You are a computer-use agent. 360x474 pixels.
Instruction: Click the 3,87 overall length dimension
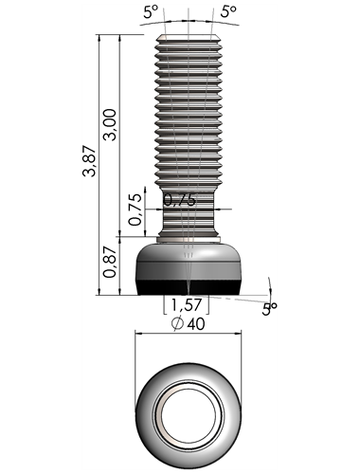click(89, 161)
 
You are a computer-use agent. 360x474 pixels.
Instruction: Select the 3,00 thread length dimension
click(110, 125)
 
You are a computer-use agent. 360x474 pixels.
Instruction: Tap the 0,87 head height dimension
click(110, 262)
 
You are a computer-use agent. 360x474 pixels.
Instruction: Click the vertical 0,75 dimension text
click(136, 210)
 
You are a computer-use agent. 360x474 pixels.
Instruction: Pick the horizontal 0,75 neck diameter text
click(180, 200)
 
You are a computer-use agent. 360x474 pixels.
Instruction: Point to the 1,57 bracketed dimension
click(187, 304)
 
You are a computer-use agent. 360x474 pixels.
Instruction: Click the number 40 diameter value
click(196, 324)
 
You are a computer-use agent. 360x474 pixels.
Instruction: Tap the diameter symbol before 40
click(177, 323)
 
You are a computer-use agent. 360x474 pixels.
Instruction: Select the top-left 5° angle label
click(151, 11)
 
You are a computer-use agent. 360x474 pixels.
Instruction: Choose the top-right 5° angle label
click(228, 11)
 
